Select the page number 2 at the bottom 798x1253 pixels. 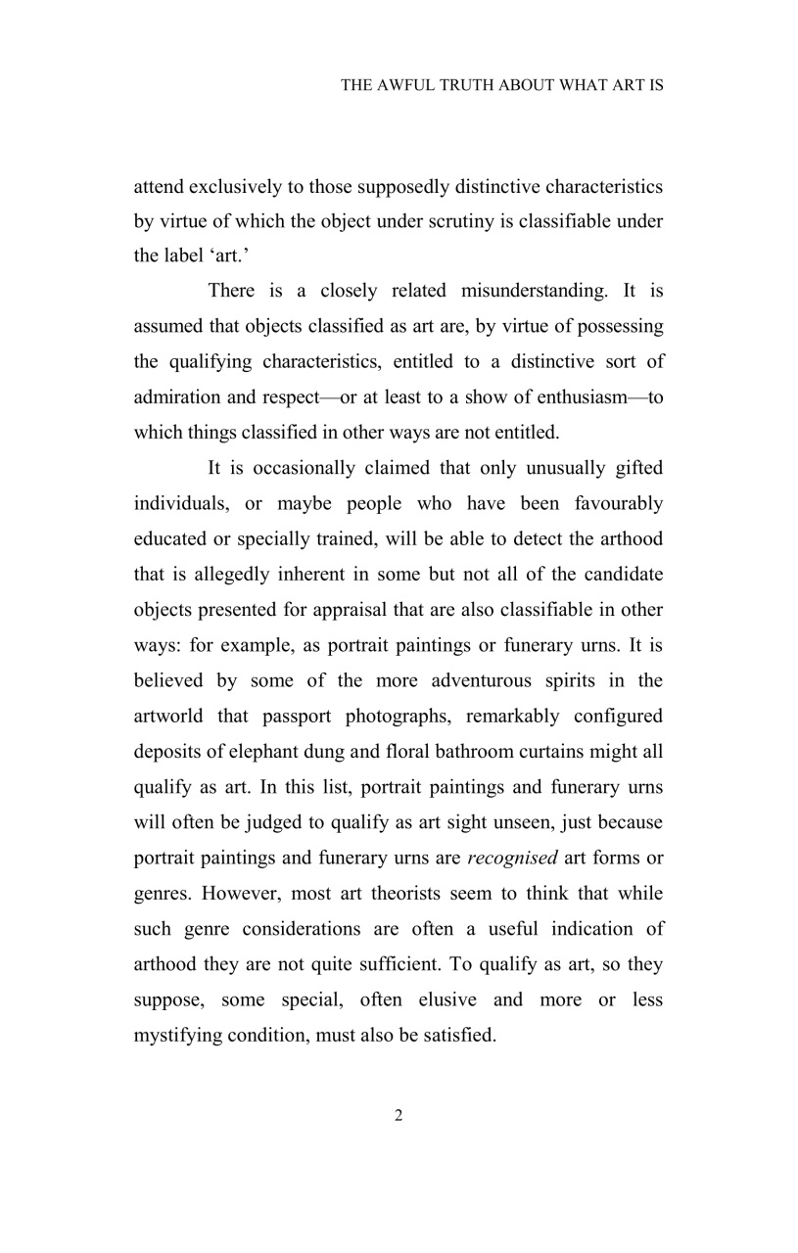(x=399, y=1116)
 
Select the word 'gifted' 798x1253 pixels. (x=638, y=468)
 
